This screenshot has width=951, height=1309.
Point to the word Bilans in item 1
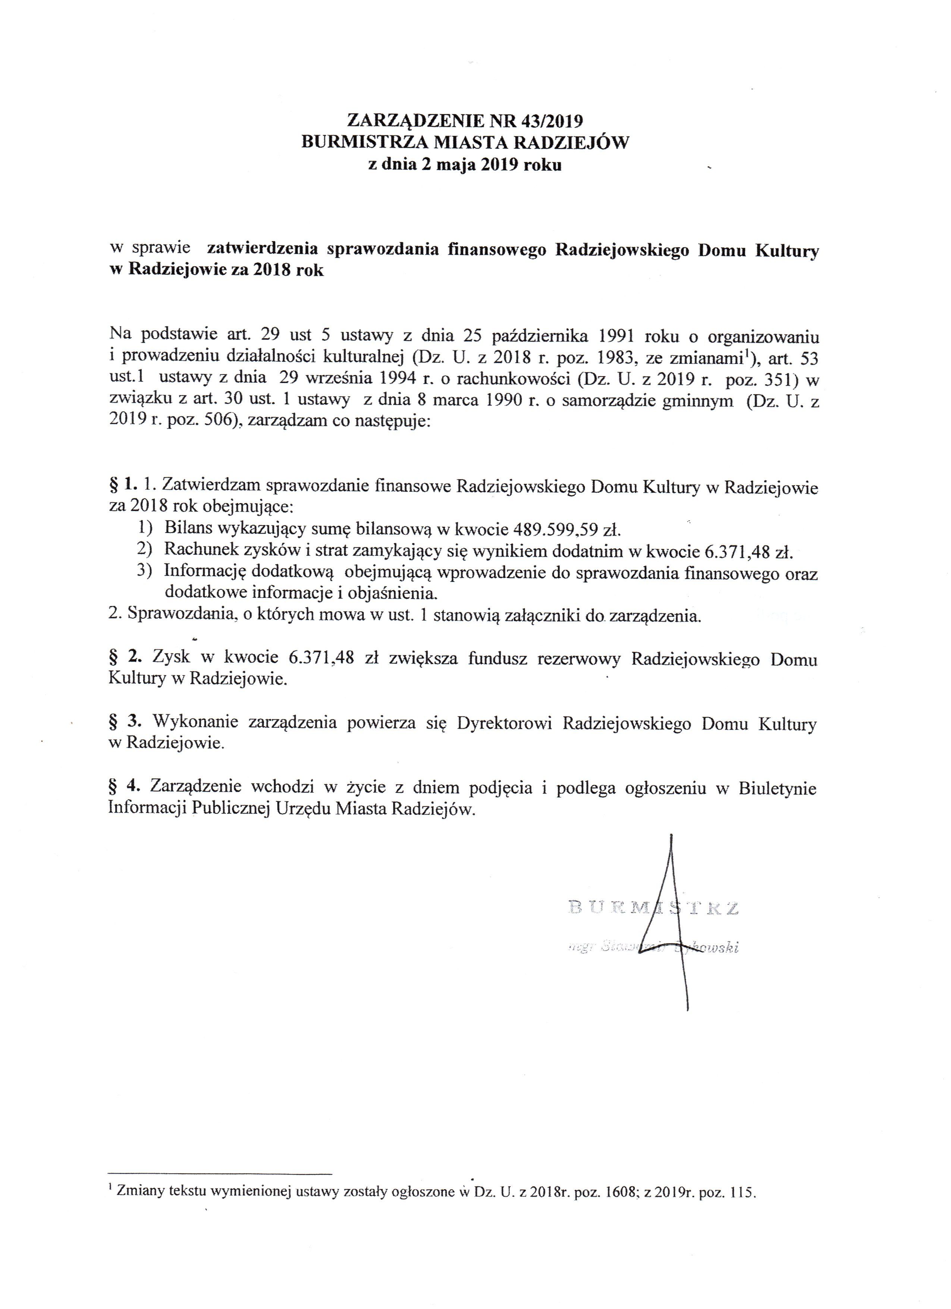[186, 529]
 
